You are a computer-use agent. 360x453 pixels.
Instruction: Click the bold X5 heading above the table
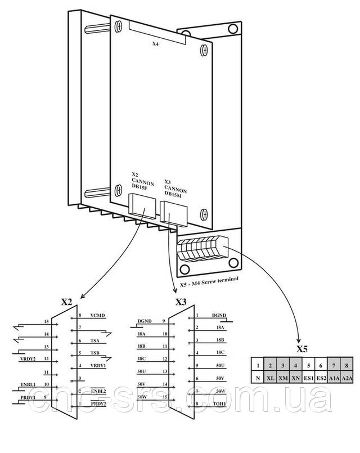coord(302,348)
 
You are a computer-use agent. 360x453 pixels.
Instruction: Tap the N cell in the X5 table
coord(257,378)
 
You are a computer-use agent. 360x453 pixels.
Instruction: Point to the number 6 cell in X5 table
coord(321,365)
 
